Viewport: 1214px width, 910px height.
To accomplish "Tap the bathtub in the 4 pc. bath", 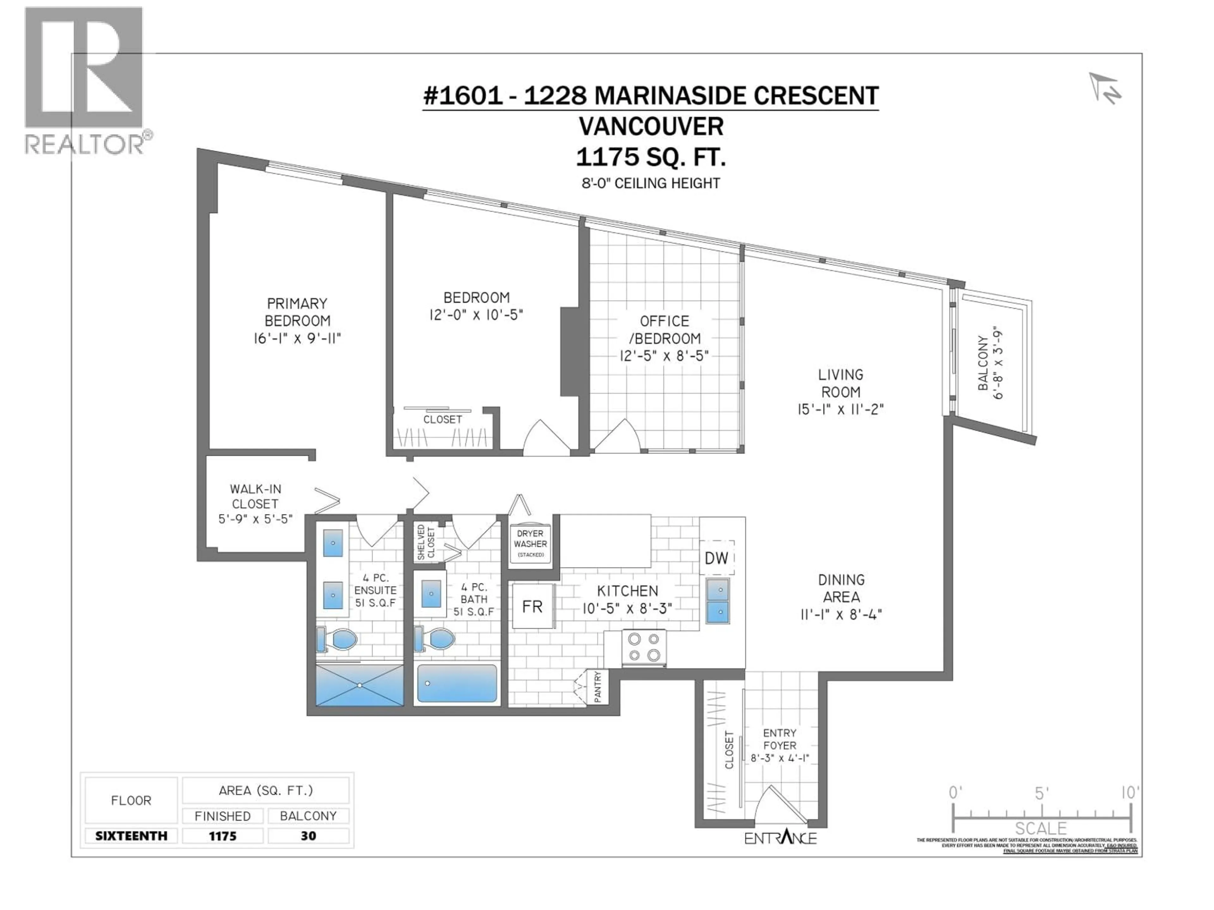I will click(457, 683).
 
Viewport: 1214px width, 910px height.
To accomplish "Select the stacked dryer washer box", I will click(530, 543).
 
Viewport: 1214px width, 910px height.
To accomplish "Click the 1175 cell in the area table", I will click(222, 836).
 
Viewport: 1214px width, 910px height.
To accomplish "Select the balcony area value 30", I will click(309, 836).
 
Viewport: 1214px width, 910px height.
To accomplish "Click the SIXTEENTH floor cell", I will click(131, 836).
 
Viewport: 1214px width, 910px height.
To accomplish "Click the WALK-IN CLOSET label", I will click(255, 503).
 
